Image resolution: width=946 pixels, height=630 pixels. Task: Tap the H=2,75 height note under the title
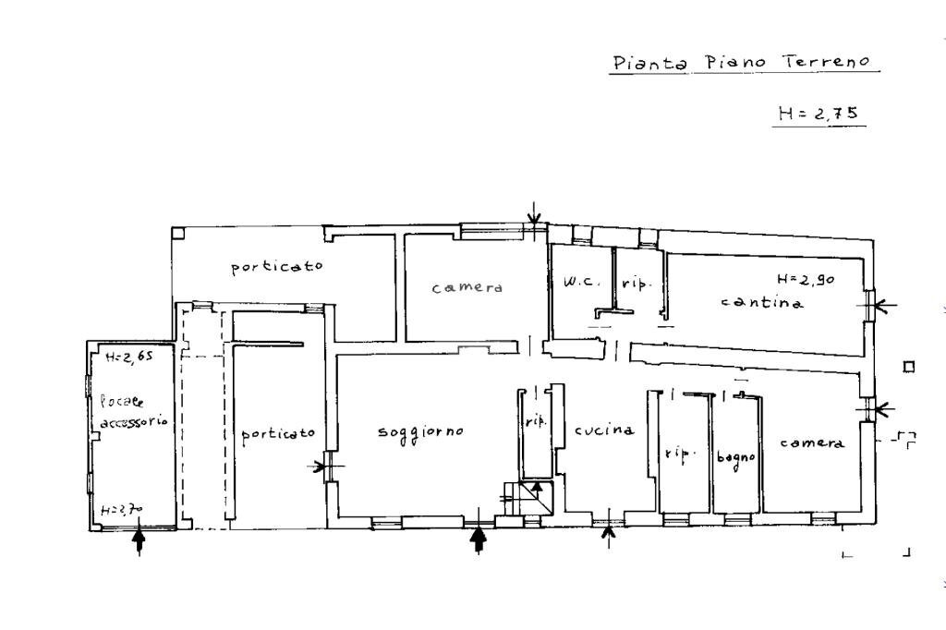pos(819,114)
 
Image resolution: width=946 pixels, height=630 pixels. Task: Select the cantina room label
pos(762,302)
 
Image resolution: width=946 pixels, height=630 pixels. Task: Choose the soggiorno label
pos(420,432)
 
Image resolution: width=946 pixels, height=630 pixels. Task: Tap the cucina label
pos(604,430)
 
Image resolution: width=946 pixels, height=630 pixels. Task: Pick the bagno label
pos(736,456)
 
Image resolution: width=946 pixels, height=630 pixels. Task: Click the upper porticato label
pos(277,267)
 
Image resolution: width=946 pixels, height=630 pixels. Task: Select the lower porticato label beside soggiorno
pos(278,433)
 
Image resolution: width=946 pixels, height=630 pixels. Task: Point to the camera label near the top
pos(467,287)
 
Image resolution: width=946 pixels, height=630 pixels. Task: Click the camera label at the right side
pos(812,443)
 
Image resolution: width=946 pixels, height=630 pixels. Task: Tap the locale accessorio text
pos(131,411)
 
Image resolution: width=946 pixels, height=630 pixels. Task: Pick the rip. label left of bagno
pos(679,454)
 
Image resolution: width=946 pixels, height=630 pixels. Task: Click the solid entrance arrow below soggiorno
pos(479,539)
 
